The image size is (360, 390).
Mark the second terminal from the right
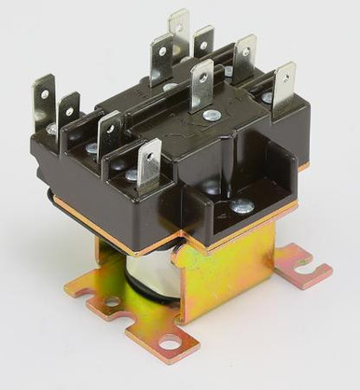pyautogui.click(x=245, y=53)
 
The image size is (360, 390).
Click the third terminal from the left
pyautogui.click(x=108, y=131)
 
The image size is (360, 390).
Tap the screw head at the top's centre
pyautogui.click(x=170, y=87)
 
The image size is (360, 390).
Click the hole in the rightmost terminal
pyautogui.click(x=283, y=75)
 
